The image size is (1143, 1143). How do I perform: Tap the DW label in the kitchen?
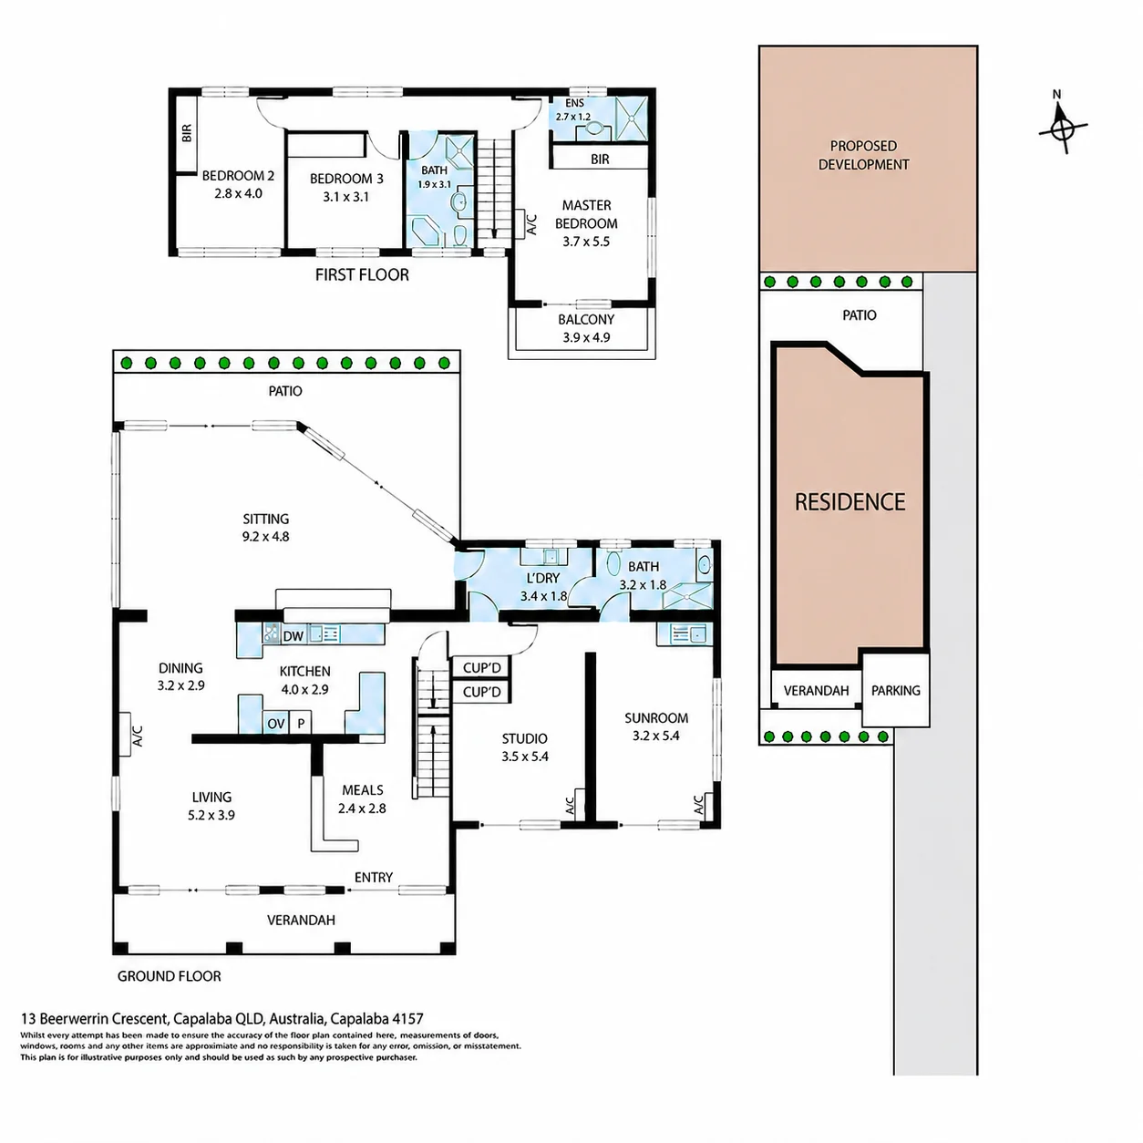coord(293,636)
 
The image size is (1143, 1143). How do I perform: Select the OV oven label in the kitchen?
coord(276,724)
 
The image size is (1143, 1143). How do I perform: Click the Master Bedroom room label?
coord(586,214)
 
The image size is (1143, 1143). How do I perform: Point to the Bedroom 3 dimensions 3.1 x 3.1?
coord(345,197)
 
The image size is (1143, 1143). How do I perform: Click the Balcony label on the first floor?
coord(585,320)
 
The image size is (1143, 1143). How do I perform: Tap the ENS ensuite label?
coord(574,103)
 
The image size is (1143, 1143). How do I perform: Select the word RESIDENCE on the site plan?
coord(850,502)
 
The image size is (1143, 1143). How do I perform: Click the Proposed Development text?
coord(863,155)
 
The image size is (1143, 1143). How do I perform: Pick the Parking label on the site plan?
coord(896,690)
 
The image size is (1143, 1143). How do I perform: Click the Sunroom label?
coord(656,717)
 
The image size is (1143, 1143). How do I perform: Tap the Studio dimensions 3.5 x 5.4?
coord(524,757)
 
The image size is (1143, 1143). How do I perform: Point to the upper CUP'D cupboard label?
coord(481,668)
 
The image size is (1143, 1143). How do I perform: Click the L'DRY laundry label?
coord(542,578)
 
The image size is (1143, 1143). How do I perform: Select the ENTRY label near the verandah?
coord(374,877)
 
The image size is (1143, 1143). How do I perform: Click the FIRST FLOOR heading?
coord(362,274)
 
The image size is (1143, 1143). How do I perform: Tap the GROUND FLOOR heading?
coord(169,976)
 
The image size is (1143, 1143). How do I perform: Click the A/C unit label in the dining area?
coord(138,736)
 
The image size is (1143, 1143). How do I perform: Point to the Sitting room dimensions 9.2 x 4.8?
coord(265,537)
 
